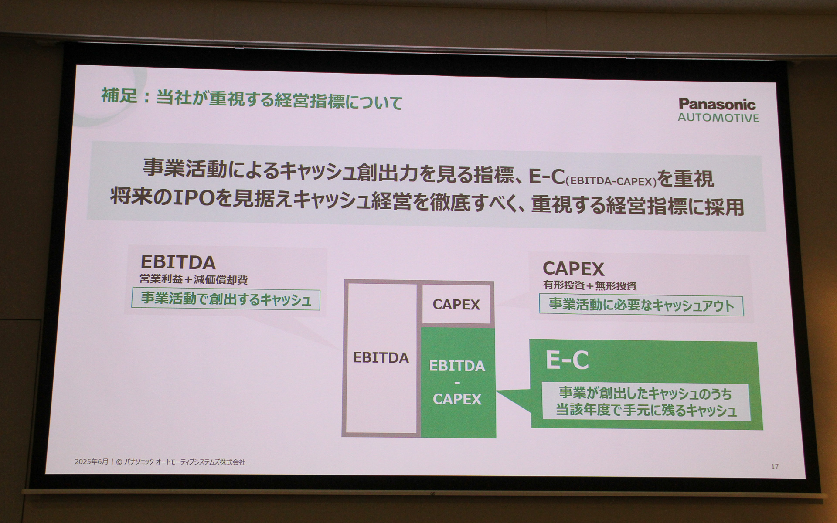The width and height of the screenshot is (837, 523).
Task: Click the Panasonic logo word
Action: pyautogui.click(x=717, y=104)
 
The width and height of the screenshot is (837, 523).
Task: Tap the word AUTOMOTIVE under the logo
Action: pyautogui.click(x=718, y=118)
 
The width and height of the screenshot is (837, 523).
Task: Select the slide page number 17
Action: pyautogui.click(x=775, y=466)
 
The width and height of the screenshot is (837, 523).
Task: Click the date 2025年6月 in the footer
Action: pyautogui.click(x=91, y=462)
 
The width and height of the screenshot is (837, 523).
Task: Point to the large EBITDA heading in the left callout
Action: pyautogui.click(x=178, y=262)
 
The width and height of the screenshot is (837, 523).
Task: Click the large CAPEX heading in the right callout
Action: pyautogui.click(x=573, y=269)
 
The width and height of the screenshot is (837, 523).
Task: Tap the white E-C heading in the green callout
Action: pyautogui.click(x=567, y=360)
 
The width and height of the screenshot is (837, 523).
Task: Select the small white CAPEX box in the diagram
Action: pyautogui.click(x=456, y=304)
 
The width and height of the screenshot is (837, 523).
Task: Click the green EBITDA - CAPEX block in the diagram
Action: pyautogui.click(x=457, y=382)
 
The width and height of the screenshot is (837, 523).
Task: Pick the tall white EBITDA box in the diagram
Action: pyautogui.click(x=381, y=358)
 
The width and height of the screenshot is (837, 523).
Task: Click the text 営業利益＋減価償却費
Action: pyautogui.click(x=194, y=279)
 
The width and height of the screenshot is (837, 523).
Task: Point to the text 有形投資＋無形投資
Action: pyautogui.click(x=589, y=286)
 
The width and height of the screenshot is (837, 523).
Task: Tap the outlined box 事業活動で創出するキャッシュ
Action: pyautogui.click(x=226, y=300)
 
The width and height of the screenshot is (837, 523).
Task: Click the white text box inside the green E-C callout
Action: pyautogui.click(x=645, y=402)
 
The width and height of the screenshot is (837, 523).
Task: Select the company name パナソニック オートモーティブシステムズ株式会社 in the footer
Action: pyautogui.click(x=184, y=462)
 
